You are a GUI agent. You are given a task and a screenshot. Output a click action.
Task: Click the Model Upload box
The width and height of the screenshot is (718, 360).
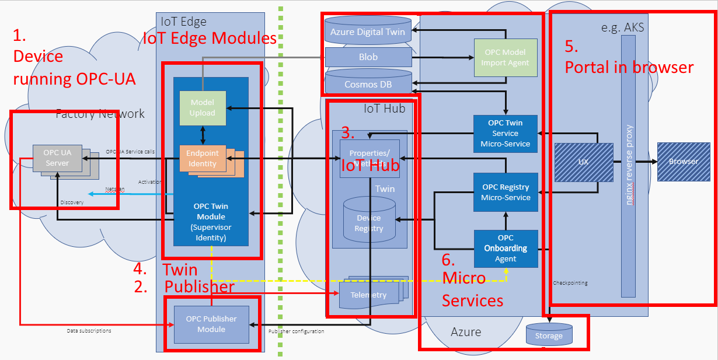202,108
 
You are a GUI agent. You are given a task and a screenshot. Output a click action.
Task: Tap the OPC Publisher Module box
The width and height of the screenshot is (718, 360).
211,324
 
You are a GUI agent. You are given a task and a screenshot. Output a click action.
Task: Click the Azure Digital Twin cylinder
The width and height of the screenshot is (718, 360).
368,32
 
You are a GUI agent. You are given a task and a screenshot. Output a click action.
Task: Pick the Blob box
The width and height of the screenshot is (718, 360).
368,57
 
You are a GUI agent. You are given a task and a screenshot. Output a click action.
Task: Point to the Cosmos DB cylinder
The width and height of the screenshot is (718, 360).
368,84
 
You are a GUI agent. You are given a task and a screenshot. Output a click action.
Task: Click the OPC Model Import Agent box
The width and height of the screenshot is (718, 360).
505,57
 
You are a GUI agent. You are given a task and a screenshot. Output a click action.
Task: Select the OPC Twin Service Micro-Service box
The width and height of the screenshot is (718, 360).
505,134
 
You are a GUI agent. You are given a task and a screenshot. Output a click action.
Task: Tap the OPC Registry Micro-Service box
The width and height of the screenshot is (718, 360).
505,192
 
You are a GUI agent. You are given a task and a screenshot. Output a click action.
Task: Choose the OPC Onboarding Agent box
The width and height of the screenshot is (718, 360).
505,249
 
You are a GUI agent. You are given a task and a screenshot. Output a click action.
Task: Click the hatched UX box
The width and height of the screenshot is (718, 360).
583,162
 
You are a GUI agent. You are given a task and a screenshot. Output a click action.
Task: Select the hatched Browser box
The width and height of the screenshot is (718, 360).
683,162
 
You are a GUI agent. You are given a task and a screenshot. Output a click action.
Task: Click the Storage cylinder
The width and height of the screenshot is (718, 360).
549,335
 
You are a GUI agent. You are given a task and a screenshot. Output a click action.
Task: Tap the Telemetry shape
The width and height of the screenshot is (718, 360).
369,294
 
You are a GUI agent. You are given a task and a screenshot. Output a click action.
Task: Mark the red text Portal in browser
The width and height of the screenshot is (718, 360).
629,67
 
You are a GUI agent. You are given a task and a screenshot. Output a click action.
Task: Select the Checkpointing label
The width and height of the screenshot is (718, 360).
570,283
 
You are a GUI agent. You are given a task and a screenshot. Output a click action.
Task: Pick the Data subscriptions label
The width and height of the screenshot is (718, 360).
89,331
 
